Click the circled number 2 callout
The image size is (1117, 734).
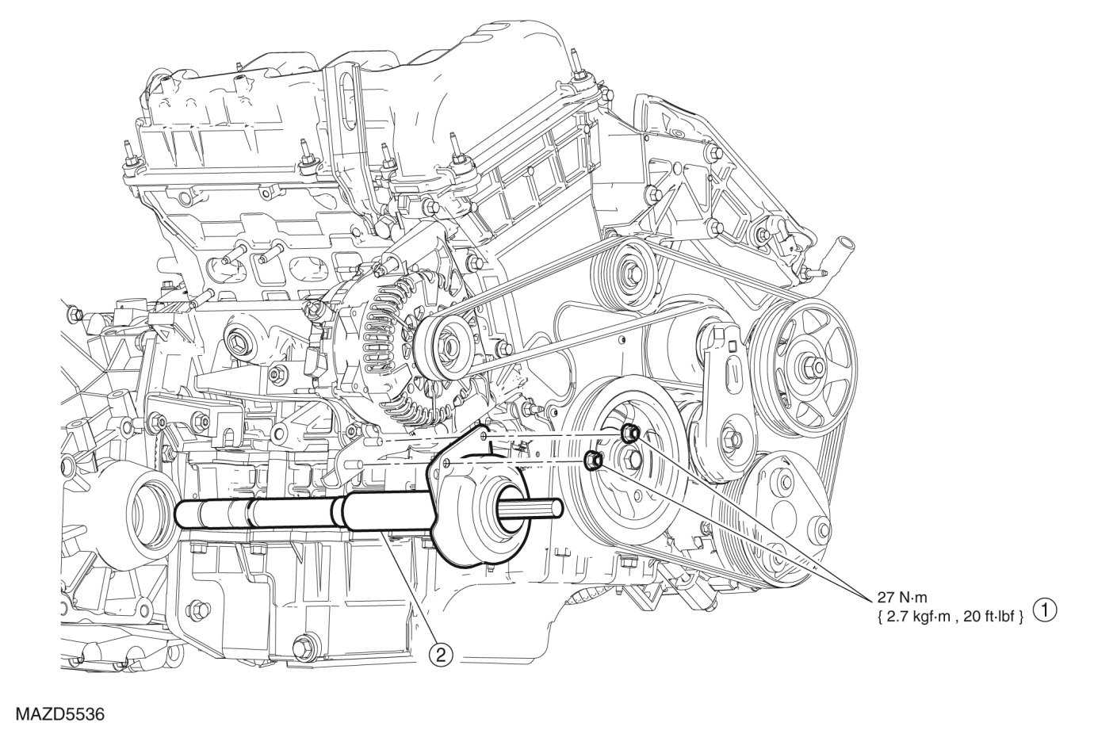coord(441,655)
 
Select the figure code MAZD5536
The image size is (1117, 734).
coord(60,713)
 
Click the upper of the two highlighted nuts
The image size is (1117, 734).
coord(629,434)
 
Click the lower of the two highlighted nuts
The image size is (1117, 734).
coord(593,461)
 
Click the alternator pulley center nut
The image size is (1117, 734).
coord(448,345)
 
